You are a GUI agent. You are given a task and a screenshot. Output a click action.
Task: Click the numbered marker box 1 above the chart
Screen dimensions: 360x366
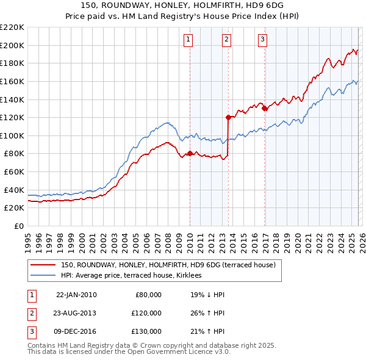(189, 40)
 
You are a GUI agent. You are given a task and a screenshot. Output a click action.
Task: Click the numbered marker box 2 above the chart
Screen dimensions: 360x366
(226, 40)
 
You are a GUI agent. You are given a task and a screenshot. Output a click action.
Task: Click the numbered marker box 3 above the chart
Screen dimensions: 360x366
(263, 40)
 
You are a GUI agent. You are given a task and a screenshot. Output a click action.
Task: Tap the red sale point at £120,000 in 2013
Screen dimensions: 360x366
(228, 117)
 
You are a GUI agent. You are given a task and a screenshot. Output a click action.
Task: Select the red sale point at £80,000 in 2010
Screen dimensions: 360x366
(190, 153)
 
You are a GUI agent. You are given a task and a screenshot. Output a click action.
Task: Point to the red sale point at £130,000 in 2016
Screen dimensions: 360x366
(265, 108)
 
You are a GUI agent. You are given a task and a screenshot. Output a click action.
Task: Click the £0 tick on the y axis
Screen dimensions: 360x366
(18, 226)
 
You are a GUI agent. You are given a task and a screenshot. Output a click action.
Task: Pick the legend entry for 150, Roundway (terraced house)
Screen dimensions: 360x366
(168, 265)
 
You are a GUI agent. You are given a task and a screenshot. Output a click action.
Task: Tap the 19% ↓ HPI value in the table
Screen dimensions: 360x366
(207, 295)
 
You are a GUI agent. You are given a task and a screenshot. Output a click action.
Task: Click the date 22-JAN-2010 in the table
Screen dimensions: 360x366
(76, 295)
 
